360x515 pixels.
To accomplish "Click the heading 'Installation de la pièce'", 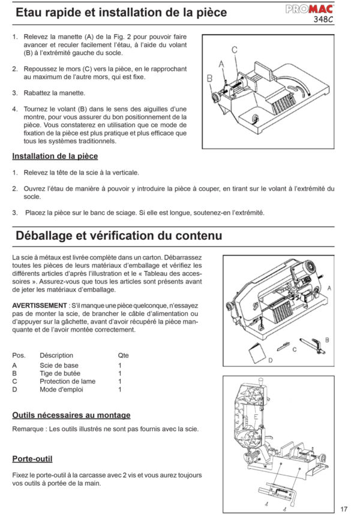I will click(x=55, y=156).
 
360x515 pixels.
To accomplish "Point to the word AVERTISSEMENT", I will click(x=40, y=305).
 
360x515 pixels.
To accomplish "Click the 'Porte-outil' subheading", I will click(x=32, y=459).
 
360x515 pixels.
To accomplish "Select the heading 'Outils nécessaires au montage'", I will click(x=71, y=415).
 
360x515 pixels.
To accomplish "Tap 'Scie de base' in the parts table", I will click(x=59, y=365).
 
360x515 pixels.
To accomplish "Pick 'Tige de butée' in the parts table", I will click(x=60, y=373).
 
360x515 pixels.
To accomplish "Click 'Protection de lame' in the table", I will click(x=67, y=381).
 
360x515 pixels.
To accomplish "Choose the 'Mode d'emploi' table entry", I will click(x=62, y=389).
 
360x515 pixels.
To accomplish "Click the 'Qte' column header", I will click(x=123, y=355).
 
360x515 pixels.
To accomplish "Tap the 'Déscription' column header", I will click(x=56, y=355).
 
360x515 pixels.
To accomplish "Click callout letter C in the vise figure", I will click(x=235, y=49).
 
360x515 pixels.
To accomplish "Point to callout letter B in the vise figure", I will click(x=209, y=78).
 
